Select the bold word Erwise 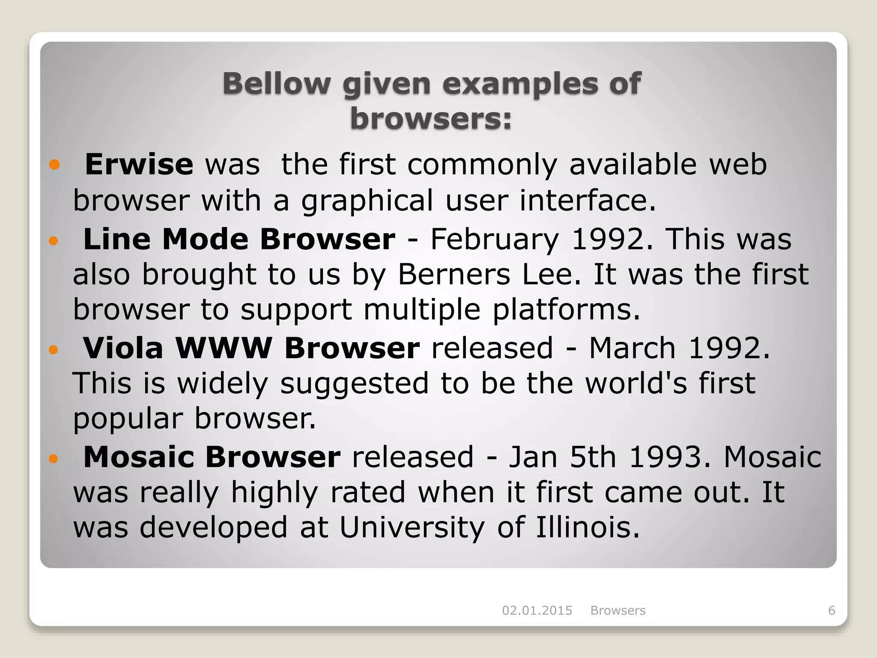tap(139, 164)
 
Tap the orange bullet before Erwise tap(54, 164)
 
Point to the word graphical tap(367, 201)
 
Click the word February tap(495, 239)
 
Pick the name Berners tap(454, 274)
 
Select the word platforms tap(566, 309)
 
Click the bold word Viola tap(123, 348)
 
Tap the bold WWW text tap(224, 348)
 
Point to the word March tap(632, 348)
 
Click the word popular tap(128, 419)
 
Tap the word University tap(412, 527)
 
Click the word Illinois tap(588, 527)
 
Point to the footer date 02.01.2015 tap(537, 610)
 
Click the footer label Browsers tap(618, 610)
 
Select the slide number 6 tap(832, 610)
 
